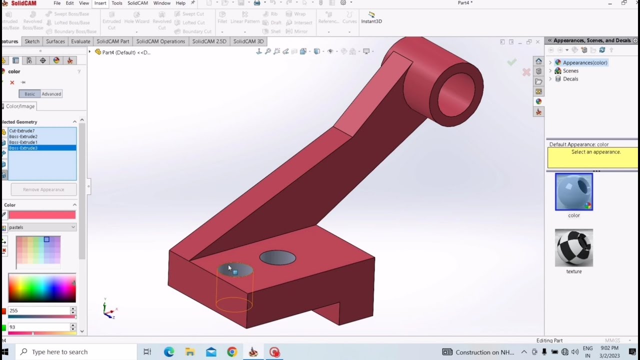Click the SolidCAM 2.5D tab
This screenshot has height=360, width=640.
[209, 41]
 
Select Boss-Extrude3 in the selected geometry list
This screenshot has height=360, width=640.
[23, 148]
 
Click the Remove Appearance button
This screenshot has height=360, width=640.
[43, 189]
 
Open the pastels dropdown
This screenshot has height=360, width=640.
[42, 227]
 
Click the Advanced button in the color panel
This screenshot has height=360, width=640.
[51, 94]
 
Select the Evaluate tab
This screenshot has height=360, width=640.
[80, 41]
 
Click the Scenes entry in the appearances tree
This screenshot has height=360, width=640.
[570, 71]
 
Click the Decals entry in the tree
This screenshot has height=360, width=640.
[570, 79]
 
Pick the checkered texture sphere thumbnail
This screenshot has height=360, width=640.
[573, 248]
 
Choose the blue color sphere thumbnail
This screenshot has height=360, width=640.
[573, 192]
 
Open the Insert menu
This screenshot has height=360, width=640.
[100, 3]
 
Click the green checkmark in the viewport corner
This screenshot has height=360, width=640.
[511, 62]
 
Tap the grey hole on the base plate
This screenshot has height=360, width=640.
[277, 258]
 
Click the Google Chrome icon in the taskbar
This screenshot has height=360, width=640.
[232, 352]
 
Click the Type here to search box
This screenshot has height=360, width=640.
[75, 352]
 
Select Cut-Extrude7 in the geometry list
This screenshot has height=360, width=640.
[21, 131]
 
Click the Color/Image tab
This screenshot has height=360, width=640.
[20, 106]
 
